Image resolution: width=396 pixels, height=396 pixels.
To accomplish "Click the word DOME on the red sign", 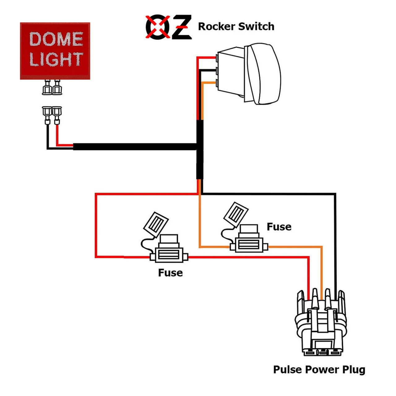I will coord(56,39).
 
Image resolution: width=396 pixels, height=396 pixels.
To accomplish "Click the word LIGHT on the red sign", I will coord(56,59).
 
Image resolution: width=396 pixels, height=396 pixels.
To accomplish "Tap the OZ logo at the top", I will coord(168,27).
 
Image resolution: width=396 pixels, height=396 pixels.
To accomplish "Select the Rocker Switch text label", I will coord(236,27).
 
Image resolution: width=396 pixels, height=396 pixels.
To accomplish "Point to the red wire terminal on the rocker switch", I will coord(218,58).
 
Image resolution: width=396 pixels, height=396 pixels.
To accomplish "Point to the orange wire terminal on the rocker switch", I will coord(218,83).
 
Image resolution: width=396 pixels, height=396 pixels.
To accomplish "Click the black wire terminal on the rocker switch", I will coord(218,71).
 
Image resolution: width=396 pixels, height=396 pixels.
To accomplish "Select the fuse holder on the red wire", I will coord(169,254).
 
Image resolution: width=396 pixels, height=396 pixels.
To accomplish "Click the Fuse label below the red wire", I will coord(170,273).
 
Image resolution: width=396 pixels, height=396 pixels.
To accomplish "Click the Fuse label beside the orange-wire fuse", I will coord(279,227).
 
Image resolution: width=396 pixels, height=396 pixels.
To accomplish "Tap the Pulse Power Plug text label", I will coord(319,370).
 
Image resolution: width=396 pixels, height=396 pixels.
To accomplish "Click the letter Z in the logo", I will coord(181,27).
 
